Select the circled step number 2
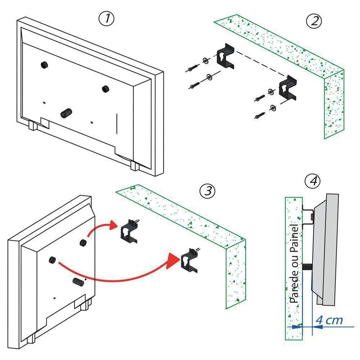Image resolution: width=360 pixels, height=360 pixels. [314, 21]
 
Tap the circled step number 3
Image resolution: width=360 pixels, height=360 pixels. [207, 191]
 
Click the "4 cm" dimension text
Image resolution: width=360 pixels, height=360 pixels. [329, 320]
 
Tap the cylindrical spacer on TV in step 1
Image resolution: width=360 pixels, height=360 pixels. [66, 113]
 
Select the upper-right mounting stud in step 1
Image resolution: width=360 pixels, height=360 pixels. [105, 89]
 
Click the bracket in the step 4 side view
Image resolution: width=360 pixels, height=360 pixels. [307, 216]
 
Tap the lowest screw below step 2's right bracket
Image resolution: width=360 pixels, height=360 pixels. [260, 115]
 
